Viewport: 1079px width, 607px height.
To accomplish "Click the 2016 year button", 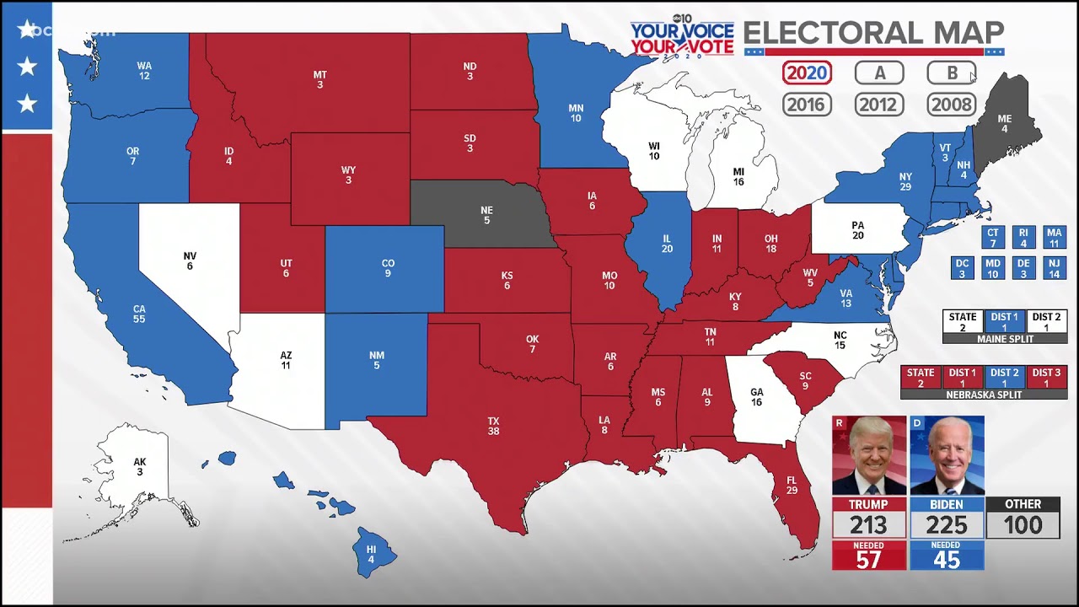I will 807,105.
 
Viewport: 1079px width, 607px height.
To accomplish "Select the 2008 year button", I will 952,105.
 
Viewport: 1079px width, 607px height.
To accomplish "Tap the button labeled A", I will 879,73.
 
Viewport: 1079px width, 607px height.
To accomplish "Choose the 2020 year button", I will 807,73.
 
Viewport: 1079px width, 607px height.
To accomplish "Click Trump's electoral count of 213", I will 868,525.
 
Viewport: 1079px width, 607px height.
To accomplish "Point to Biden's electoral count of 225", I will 947,525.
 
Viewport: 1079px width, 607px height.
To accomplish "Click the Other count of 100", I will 1023,525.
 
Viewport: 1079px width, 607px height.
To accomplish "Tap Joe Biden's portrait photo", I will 947,455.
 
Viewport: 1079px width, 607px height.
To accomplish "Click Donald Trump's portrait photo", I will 869,455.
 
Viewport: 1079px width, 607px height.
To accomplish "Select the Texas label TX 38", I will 493,426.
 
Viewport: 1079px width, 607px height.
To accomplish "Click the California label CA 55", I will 139,314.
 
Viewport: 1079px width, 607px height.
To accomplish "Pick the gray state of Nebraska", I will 486,215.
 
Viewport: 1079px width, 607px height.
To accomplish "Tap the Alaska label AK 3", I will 140,467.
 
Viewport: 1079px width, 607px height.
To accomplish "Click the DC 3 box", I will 963,268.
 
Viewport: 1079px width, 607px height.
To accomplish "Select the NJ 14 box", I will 1053,268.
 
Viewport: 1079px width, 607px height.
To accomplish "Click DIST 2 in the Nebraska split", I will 1004,377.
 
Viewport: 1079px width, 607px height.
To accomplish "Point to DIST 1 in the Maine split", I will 1004,322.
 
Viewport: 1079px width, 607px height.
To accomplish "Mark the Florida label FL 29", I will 792,485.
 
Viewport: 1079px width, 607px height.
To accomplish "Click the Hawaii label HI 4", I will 371,554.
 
